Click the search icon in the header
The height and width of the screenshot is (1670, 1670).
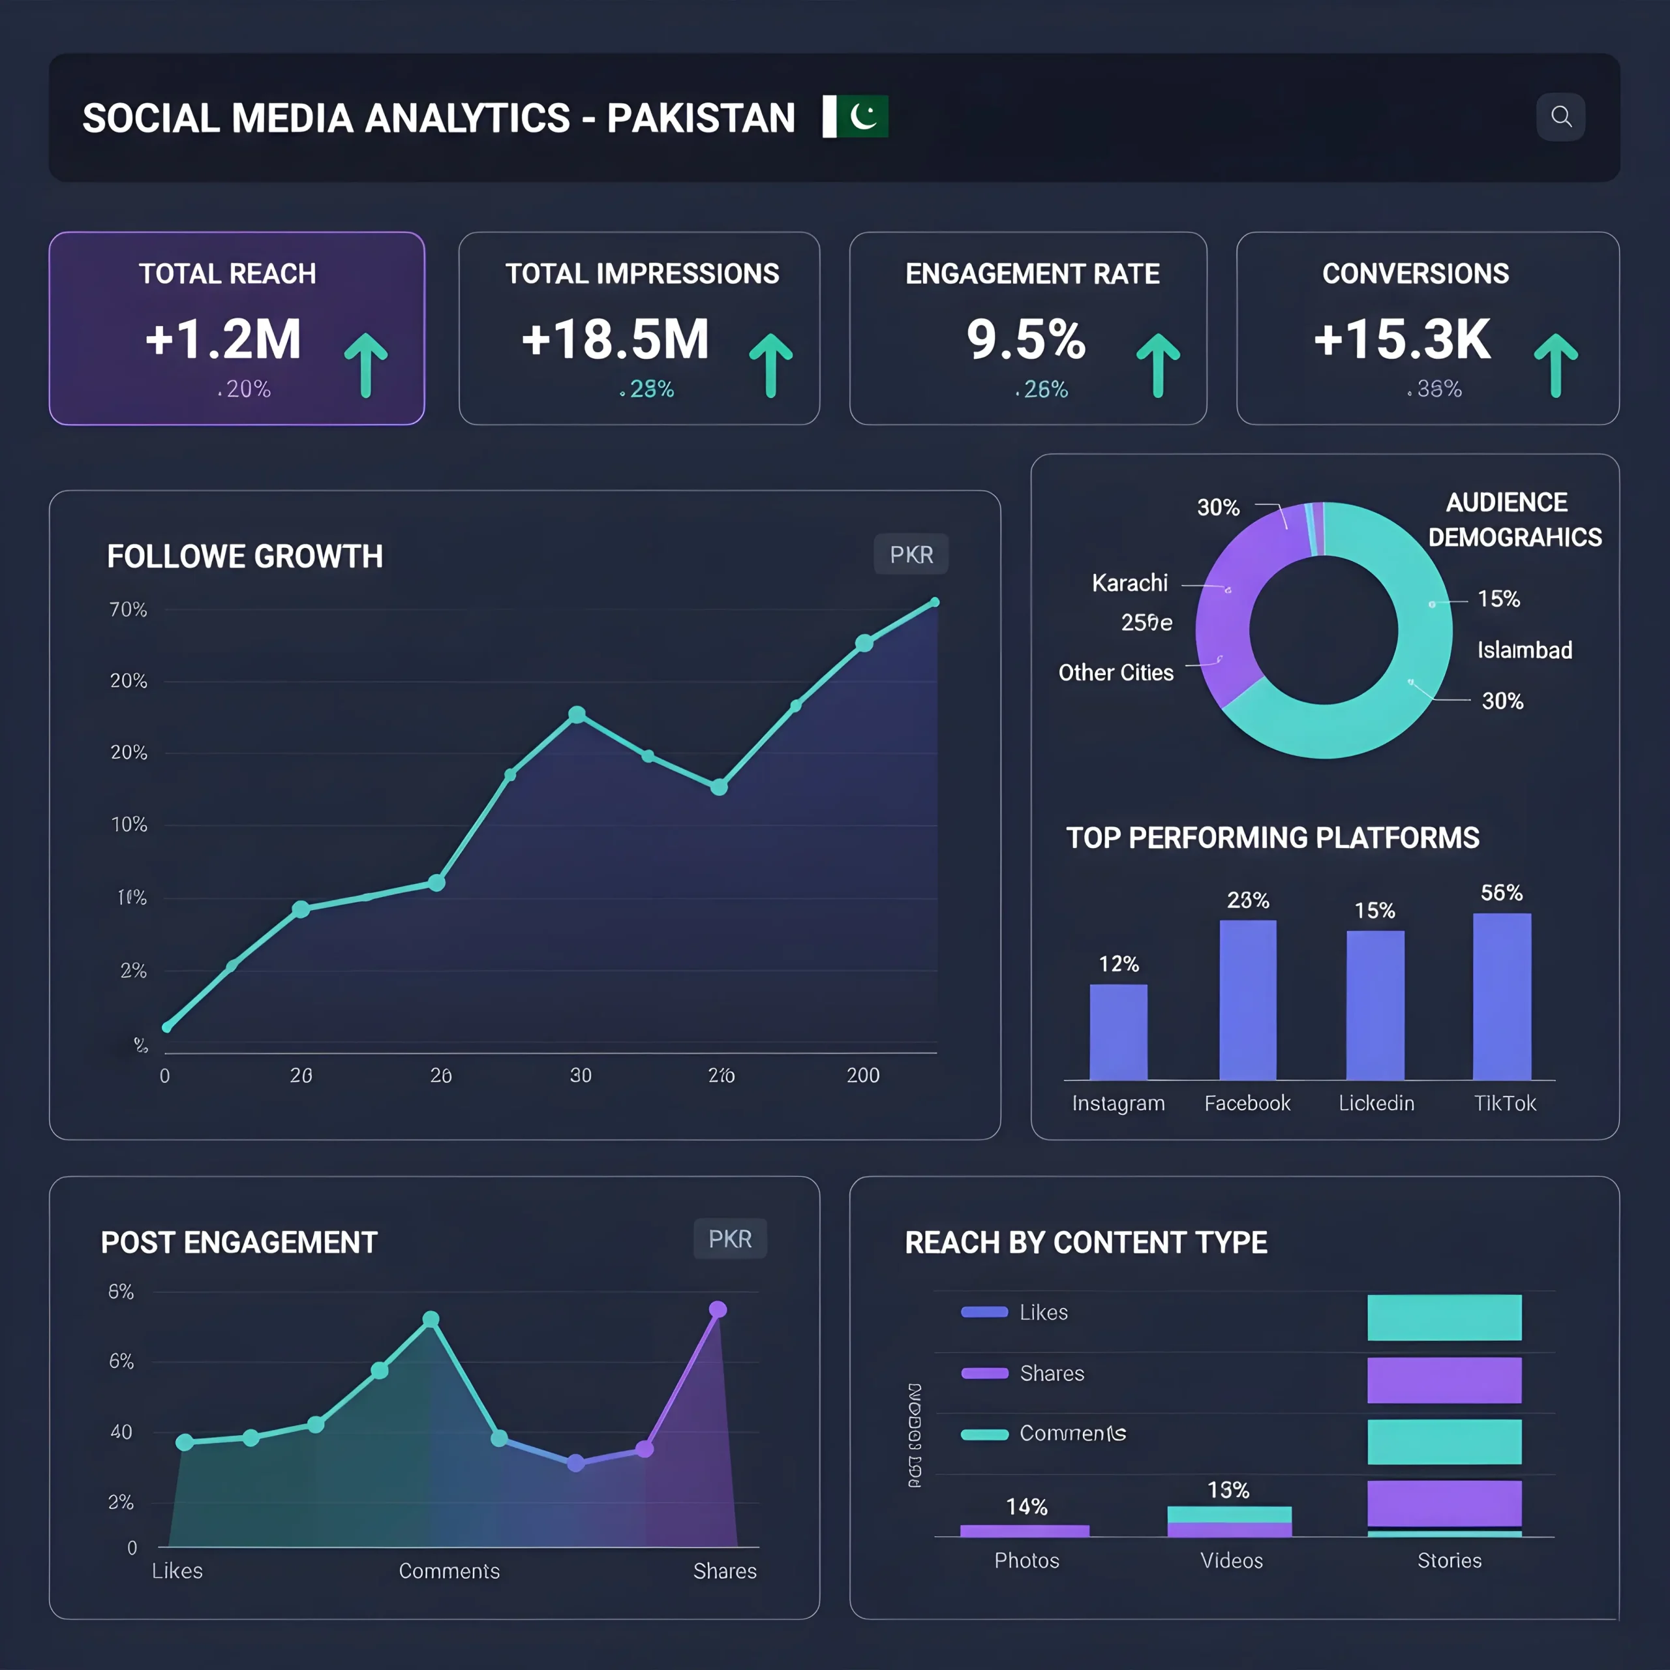[1560, 117]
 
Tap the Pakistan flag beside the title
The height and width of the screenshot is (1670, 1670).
[855, 117]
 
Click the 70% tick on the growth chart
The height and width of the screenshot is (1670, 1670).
[128, 610]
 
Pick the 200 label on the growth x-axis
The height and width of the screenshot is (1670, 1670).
[862, 1075]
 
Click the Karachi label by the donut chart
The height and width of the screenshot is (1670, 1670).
[1129, 583]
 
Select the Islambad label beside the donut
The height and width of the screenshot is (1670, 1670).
[1524, 650]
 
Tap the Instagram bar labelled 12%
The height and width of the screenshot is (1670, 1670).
[1119, 1032]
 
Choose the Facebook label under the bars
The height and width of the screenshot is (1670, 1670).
[1247, 1103]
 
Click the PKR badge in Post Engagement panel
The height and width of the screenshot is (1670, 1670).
[729, 1239]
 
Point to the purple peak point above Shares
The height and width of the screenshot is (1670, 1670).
[718, 1309]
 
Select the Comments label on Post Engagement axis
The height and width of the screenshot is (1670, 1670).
[449, 1571]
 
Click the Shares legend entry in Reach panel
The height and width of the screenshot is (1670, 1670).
[1051, 1374]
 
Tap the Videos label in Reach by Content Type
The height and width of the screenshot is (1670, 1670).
[1231, 1560]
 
